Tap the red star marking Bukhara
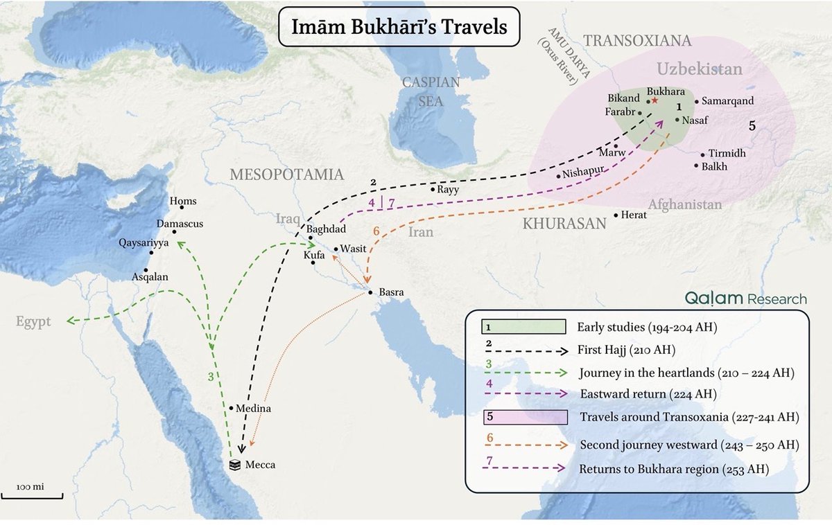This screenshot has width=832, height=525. [x=654, y=100]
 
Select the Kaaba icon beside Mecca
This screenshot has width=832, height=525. [x=236, y=465]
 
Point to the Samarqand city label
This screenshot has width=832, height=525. [x=727, y=101]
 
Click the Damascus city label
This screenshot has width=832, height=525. [x=180, y=224]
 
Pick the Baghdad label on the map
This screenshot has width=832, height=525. [x=326, y=229]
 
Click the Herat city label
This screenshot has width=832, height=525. [x=635, y=215]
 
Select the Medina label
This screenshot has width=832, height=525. [x=254, y=409]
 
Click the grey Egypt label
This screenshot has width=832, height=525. [x=34, y=322]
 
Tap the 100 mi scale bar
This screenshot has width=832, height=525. [x=31, y=493]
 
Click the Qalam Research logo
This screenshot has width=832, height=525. [x=745, y=299]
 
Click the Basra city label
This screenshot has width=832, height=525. [x=391, y=292]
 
